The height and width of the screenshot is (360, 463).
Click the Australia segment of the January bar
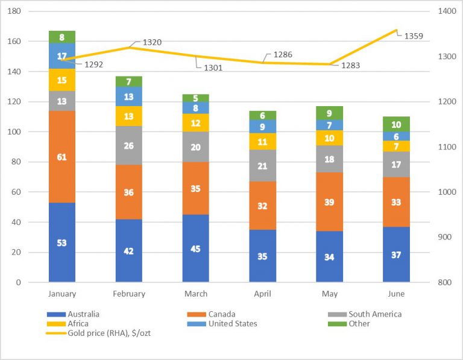point(62,242)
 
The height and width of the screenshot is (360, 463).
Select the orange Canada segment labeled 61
point(62,157)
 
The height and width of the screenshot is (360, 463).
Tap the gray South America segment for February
point(129,145)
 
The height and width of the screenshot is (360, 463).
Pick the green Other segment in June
point(396,124)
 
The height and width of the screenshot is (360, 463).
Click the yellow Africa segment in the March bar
point(196,123)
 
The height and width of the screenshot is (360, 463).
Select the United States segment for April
point(263,127)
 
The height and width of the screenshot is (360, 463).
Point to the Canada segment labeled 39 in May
point(329,202)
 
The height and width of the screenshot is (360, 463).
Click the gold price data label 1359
point(413,36)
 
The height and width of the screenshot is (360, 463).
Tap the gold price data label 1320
point(152,43)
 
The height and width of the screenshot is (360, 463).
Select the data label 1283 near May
point(350,65)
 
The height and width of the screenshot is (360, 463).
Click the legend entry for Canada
point(222,314)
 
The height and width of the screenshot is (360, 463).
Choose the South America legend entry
point(374,314)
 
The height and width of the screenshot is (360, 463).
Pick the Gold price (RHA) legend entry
point(96,333)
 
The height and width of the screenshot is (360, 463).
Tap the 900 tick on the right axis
point(443,237)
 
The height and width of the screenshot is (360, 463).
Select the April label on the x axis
point(263,294)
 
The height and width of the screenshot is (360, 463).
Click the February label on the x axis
point(129,294)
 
